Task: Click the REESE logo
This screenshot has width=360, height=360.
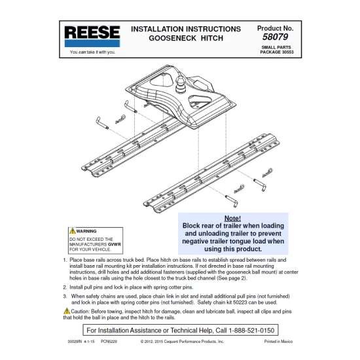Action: point(92,35)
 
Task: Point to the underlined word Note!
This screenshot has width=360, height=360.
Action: point(232,218)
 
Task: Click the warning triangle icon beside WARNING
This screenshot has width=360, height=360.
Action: point(73,231)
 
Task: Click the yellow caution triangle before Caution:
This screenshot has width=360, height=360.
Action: point(66,310)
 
